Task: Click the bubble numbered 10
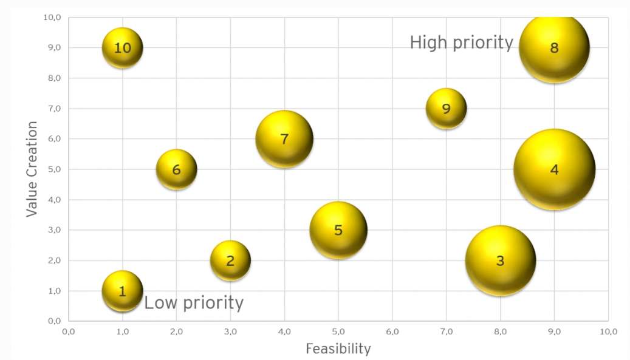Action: pyautogui.click(x=123, y=47)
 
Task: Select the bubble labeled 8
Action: pyautogui.click(x=554, y=48)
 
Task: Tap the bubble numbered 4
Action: pyautogui.click(x=554, y=169)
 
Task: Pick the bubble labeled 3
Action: pyautogui.click(x=500, y=260)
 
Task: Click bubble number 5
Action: pyautogui.click(x=338, y=230)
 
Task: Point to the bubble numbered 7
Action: pyautogui.click(x=284, y=139)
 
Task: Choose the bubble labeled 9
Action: pyautogui.click(x=447, y=109)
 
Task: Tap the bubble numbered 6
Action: pyautogui.click(x=177, y=169)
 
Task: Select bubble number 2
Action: pyautogui.click(x=230, y=260)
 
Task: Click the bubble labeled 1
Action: pyautogui.click(x=123, y=291)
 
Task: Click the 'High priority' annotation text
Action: pyautogui.click(x=461, y=42)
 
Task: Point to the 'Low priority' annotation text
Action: pyautogui.click(x=194, y=302)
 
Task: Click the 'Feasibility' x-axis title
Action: pyautogui.click(x=338, y=348)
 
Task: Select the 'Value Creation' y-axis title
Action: pyautogui.click(x=32, y=169)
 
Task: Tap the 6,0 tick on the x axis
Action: pyautogui.click(x=392, y=331)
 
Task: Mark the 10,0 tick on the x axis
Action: pyautogui.click(x=608, y=331)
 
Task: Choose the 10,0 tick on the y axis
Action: pyautogui.click(x=52, y=17)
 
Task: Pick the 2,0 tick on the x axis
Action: pyautogui.click(x=177, y=331)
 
